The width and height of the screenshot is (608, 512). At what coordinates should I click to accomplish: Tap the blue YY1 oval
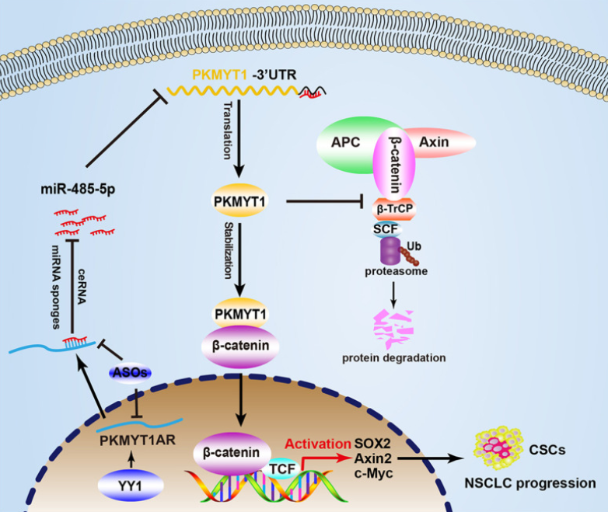point(131,485)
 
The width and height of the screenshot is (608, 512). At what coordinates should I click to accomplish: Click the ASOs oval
point(130,372)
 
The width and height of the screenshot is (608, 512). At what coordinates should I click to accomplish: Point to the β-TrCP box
point(394,209)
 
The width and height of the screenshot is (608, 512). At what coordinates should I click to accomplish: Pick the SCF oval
point(386,229)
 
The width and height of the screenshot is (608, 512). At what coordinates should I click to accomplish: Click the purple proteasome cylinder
point(390,251)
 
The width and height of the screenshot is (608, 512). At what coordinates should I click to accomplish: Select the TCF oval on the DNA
point(282,468)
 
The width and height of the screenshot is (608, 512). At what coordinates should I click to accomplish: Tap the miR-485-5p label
point(78,189)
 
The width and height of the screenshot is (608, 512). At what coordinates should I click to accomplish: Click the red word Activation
point(318,444)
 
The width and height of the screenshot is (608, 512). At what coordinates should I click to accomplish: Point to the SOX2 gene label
point(372,444)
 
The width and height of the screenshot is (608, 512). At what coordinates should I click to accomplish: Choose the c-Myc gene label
point(373,473)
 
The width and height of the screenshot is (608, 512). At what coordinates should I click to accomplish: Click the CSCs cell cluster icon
point(498,448)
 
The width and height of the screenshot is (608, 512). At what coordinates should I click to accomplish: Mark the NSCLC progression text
point(530,483)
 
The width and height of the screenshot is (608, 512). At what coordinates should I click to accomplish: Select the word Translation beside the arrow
point(228,131)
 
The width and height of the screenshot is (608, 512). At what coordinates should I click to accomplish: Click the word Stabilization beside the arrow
point(229,250)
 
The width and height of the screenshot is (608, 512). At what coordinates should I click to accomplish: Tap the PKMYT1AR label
point(138,441)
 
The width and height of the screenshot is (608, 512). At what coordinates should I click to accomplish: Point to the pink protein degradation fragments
point(393,329)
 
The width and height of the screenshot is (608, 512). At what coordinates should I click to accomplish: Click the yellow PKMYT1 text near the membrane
point(219,75)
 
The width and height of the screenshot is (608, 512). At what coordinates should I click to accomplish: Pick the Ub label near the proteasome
point(414,246)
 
